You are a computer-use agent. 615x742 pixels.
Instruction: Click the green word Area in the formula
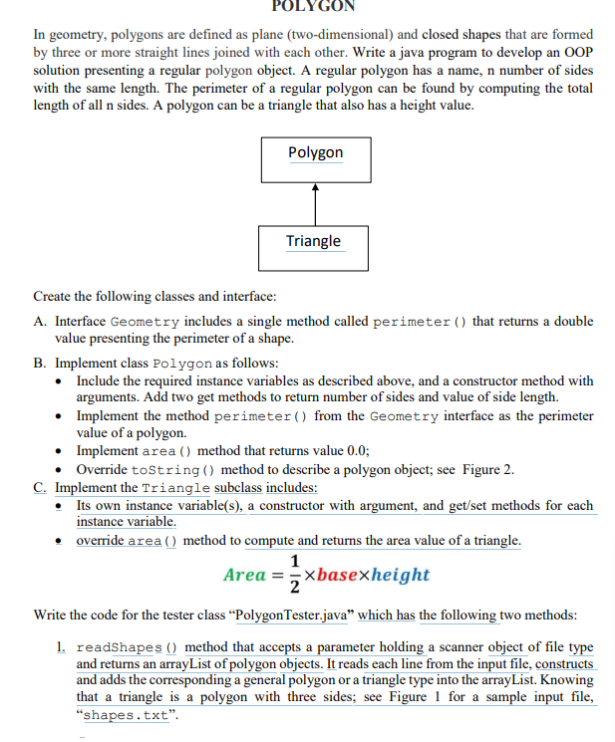point(244,575)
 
